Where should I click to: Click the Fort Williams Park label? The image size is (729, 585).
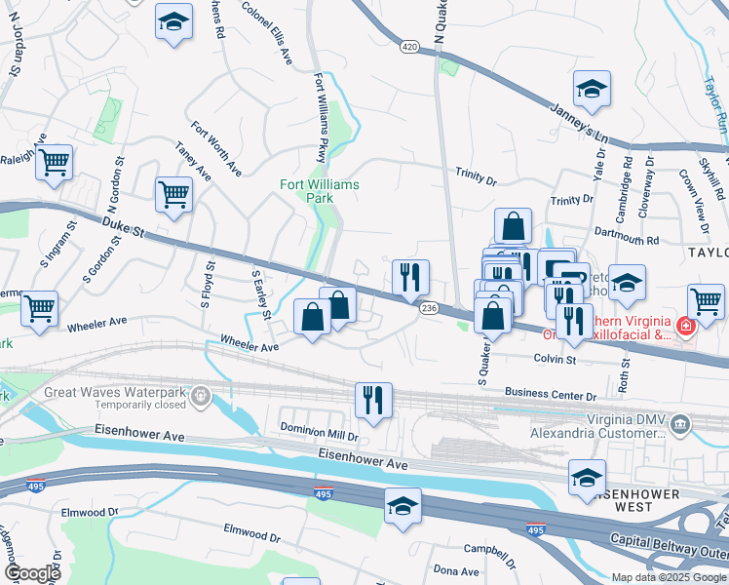click(320, 190)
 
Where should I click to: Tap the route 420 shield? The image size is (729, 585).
click(410, 47)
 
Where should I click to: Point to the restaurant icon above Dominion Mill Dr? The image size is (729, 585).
click(373, 400)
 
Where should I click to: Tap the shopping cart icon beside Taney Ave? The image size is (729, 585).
click(173, 194)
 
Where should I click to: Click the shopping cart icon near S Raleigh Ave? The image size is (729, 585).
click(55, 162)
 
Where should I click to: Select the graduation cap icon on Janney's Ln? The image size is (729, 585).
click(591, 91)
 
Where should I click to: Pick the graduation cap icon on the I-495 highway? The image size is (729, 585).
click(403, 507)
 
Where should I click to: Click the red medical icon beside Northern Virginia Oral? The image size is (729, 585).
click(685, 324)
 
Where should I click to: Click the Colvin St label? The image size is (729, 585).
click(555, 359)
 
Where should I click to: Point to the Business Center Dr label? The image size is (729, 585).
click(550, 396)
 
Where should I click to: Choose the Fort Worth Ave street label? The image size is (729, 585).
click(216, 148)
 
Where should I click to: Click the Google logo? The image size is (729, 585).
click(32, 573)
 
